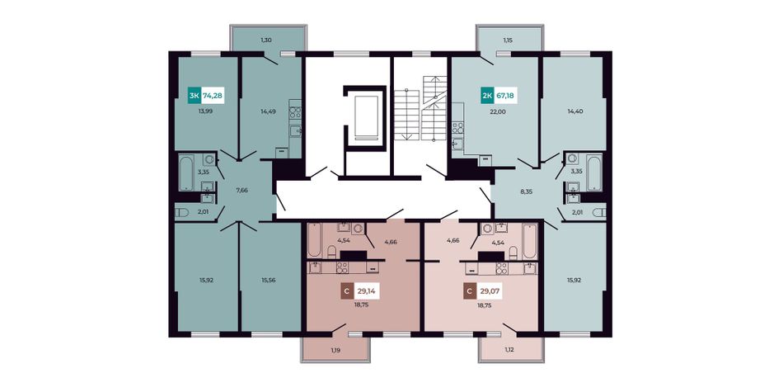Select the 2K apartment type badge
coord(487,95)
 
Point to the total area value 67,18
coord(505,95)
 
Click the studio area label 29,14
coord(367,290)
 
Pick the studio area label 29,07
coord(490,290)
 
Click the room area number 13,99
coord(206,111)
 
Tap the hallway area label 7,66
coord(241,190)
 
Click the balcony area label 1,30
coord(267,40)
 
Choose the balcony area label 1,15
coord(509,40)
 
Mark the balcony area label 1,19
coord(335,350)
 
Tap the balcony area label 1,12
coord(510,350)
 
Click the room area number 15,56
coord(270,281)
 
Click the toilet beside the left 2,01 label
coord(182,213)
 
